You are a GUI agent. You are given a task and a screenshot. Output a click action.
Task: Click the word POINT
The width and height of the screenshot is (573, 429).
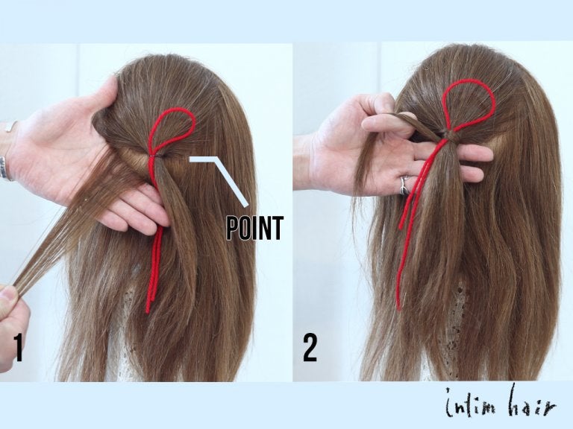(x=254, y=228)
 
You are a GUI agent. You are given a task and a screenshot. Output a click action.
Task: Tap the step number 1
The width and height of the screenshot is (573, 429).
(x=18, y=348)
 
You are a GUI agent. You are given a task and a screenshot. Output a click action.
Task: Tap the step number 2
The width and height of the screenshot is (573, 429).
(x=310, y=348)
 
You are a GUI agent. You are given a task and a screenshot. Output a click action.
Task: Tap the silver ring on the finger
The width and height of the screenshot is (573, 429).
(x=404, y=185)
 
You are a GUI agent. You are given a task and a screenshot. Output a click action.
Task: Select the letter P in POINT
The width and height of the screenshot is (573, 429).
(x=233, y=228)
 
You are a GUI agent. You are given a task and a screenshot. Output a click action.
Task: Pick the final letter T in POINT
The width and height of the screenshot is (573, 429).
(x=278, y=228)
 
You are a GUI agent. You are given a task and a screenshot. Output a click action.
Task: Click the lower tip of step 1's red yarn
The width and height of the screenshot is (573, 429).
(x=148, y=311)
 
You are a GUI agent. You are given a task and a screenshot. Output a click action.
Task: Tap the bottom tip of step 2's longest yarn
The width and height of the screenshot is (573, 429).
(x=398, y=308)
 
